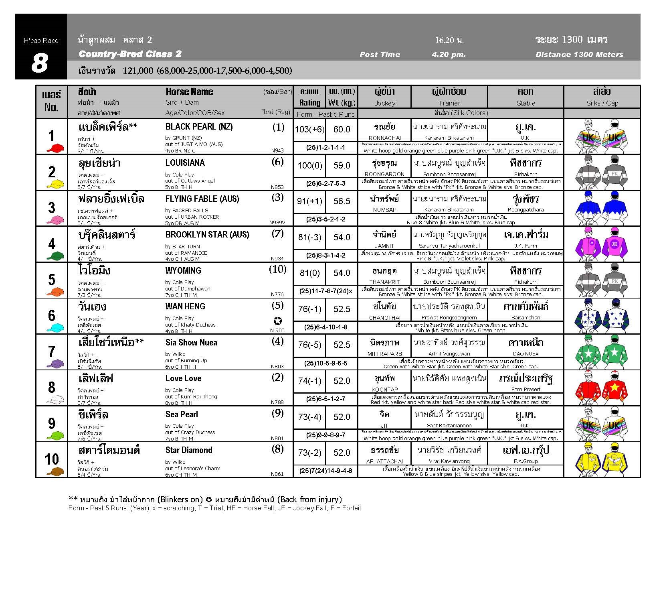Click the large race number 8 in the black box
[x=40, y=63]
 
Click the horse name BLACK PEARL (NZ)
[x=199, y=127]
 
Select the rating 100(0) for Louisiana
[x=309, y=165]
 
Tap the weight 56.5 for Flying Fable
[x=342, y=201]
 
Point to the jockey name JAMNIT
[x=384, y=246]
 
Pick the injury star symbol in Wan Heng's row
[x=277, y=321]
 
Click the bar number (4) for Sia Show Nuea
[x=277, y=341]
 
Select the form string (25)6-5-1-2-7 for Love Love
[x=325, y=399]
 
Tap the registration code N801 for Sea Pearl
[x=277, y=439]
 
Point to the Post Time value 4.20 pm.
[x=449, y=55]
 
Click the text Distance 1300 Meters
[x=579, y=55]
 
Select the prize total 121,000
[x=138, y=71]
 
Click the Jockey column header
[x=384, y=103]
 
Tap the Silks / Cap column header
[x=602, y=103]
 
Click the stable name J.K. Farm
[x=526, y=246]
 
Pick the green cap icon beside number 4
[x=55, y=255]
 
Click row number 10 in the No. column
[x=52, y=459]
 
